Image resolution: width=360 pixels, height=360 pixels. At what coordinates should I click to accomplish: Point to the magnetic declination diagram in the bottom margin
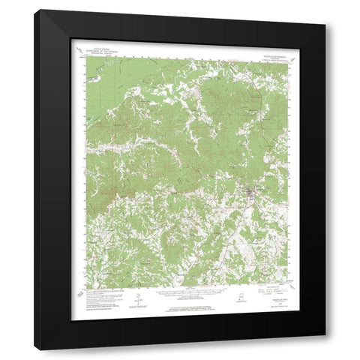(x=137, y=301)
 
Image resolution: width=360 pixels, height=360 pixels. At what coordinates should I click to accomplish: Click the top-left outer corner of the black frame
(x=40, y=10)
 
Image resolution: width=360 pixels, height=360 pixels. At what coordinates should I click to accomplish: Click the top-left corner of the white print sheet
(x=70, y=39)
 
